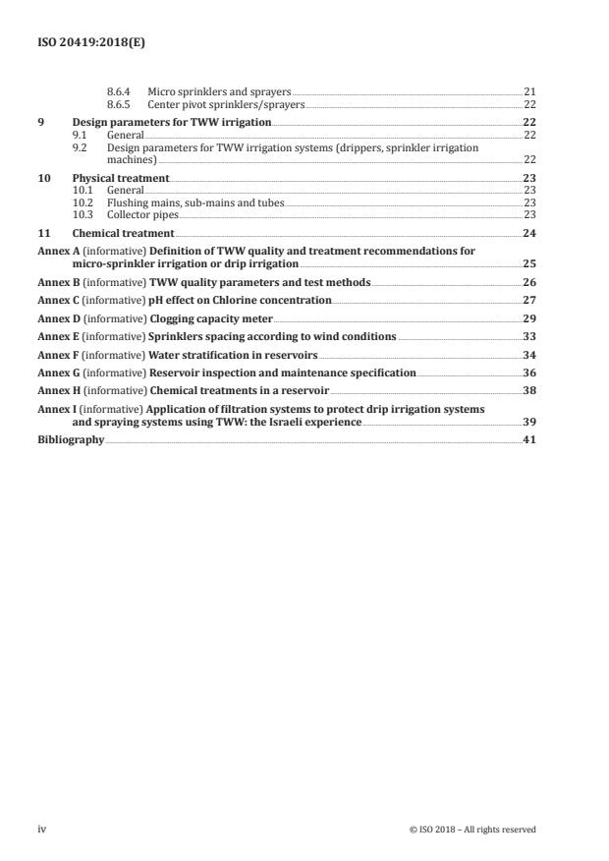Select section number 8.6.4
[120, 91]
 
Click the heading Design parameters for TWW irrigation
[172, 123]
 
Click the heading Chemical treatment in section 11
[124, 233]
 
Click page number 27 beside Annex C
[528, 299]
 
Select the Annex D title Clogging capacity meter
[210, 319]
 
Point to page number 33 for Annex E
[528, 336]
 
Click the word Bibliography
[70, 439]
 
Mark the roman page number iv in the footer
[42, 830]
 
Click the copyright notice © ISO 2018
[472, 830]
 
